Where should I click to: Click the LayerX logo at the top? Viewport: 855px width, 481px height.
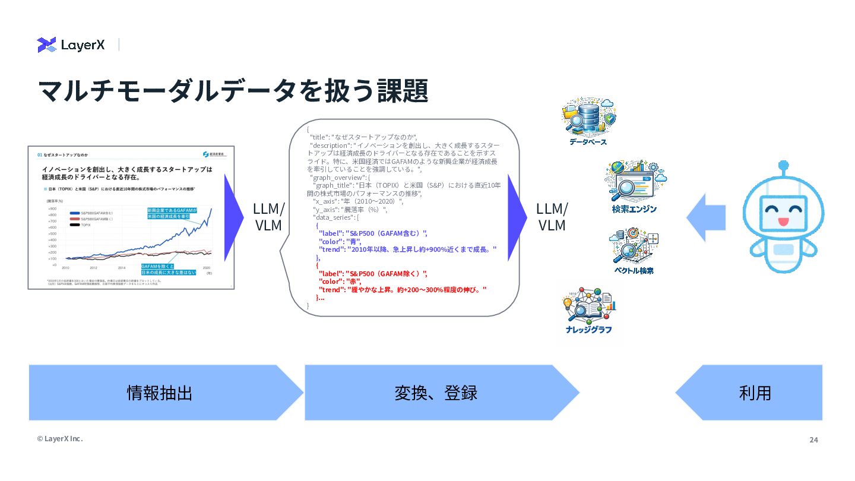point(71,45)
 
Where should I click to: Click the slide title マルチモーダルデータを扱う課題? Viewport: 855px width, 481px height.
point(233,91)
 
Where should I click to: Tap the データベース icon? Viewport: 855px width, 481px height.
point(588,119)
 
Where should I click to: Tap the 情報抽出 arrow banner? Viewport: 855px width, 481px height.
point(160,393)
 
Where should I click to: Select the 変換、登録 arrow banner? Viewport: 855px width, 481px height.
point(436,393)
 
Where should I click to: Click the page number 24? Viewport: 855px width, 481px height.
point(813,440)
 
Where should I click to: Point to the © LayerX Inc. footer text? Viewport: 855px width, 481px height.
point(60,439)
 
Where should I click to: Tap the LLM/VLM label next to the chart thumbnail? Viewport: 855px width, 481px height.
point(268,217)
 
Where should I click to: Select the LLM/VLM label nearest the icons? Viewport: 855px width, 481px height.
point(552,217)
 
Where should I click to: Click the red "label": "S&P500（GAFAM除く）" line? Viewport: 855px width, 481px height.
point(372,273)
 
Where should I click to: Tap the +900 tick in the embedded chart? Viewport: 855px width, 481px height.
point(52,208)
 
